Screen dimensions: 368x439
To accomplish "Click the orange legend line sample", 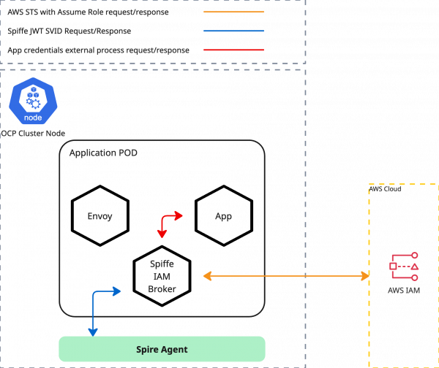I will click(x=233, y=12).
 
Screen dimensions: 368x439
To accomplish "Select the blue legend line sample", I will click(x=233, y=31).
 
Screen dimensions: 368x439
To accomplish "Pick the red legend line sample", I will click(x=233, y=50).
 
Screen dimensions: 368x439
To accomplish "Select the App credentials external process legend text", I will click(x=98, y=50).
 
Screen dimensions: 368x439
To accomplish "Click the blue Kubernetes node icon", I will click(x=33, y=103).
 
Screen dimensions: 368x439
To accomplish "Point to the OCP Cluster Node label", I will click(x=33, y=134).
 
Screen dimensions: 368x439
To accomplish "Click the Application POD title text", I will click(x=103, y=153).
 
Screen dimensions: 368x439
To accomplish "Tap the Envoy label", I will click(x=100, y=217).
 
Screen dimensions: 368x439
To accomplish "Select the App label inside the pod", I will click(x=223, y=217).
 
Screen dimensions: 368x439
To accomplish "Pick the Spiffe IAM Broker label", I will click(x=161, y=276).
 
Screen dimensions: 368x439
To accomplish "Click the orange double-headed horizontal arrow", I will click(x=285, y=276).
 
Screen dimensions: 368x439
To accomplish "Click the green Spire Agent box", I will click(x=162, y=349).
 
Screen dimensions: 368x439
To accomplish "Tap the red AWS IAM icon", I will click(x=404, y=267).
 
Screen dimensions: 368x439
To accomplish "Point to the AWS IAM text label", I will click(x=404, y=291).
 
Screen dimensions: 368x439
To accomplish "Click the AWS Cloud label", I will click(x=386, y=189).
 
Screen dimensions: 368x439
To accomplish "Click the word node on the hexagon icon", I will click(x=33, y=118).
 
